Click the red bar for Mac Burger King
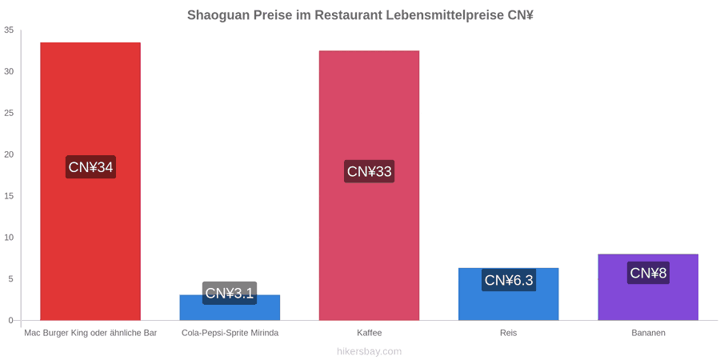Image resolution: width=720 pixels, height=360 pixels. pyautogui.click(x=90, y=182)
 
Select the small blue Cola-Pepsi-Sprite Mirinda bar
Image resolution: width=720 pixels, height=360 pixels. pyautogui.click(x=230, y=308)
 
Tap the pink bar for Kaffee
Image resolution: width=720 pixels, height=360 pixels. pyautogui.click(x=369, y=186)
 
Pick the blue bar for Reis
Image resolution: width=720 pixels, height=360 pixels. pyautogui.click(x=508, y=294)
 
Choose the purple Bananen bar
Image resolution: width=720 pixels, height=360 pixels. pyautogui.click(x=648, y=287)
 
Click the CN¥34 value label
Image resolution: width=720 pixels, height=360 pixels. pyautogui.click(x=90, y=167)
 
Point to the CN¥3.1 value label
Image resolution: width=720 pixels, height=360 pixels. pyautogui.click(x=230, y=293)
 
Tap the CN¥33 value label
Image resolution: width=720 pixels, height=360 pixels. pyautogui.click(x=369, y=171)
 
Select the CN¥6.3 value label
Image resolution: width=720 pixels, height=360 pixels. pyautogui.click(x=509, y=280)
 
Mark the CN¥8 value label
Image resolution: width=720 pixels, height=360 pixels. pyautogui.click(x=648, y=273)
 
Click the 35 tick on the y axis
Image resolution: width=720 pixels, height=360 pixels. pyautogui.click(x=9, y=30)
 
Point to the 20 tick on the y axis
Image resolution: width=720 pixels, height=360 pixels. pyautogui.click(x=9, y=154)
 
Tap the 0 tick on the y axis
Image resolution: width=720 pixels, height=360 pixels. pyautogui.click(x=11, y=321)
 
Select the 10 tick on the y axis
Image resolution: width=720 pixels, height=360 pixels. pyautogui.click(x=9, y=238)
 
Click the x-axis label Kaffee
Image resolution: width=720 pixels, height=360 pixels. pyautogui.click(x=369, y=333)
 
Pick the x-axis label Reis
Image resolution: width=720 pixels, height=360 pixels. pyautogui.click(x=508, y=333)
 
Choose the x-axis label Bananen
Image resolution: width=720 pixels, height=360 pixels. pyautogui.click(x=648, y=333)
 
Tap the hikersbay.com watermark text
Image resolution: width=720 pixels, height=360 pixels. pyautogui.click(x=369, y=352)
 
